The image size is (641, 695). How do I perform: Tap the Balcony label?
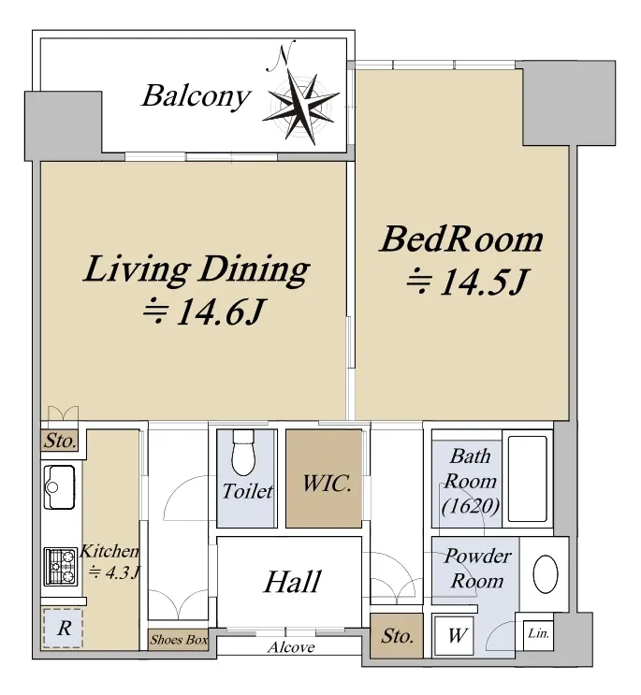[x=196, y=96]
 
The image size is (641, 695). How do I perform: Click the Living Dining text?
[x=196, y=270]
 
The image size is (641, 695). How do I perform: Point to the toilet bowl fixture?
[x=243, y=452]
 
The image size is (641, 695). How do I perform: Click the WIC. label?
[x=327, y=483]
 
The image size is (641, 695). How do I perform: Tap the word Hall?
[x=292, y=581]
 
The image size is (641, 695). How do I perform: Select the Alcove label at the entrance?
[x=291, y=647]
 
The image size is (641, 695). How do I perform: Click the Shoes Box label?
[x=179, y=640]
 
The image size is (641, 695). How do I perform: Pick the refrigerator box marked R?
[x=63, y=629]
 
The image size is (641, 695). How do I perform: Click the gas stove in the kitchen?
[x=60, y=567]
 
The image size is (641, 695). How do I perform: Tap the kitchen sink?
[x=60, y=487]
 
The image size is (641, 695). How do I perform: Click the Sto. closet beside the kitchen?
[x=60, y=441]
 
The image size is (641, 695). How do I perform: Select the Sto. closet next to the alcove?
[x=397, y=636]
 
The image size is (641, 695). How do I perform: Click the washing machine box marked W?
[x=456, y=635]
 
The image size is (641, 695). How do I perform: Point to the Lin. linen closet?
[x=538, y=634]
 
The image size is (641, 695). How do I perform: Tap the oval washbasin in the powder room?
[x=546, y=574]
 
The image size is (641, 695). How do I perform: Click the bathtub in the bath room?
[x=528, y=479]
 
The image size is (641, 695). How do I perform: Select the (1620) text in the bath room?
[x=471, y=506]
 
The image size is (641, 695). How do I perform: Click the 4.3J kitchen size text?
[x=114, y=572]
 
